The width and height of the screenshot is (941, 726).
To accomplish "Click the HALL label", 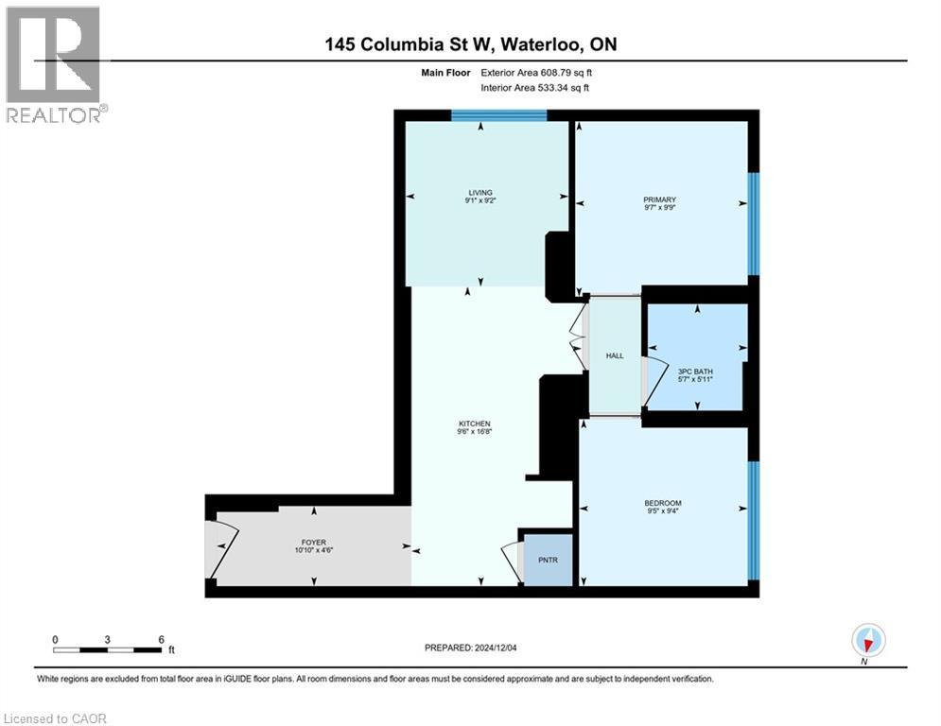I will click(615, 355).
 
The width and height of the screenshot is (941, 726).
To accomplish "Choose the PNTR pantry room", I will click(549, 561).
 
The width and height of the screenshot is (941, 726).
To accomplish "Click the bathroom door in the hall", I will click(647, 382).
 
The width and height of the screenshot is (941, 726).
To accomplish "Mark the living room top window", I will click(498, 115).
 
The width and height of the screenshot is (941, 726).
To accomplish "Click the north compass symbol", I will click(866, 641).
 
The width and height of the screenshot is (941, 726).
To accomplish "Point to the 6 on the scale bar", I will click(162, 639).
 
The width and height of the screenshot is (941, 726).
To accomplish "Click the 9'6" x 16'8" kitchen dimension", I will click(476, 432).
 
